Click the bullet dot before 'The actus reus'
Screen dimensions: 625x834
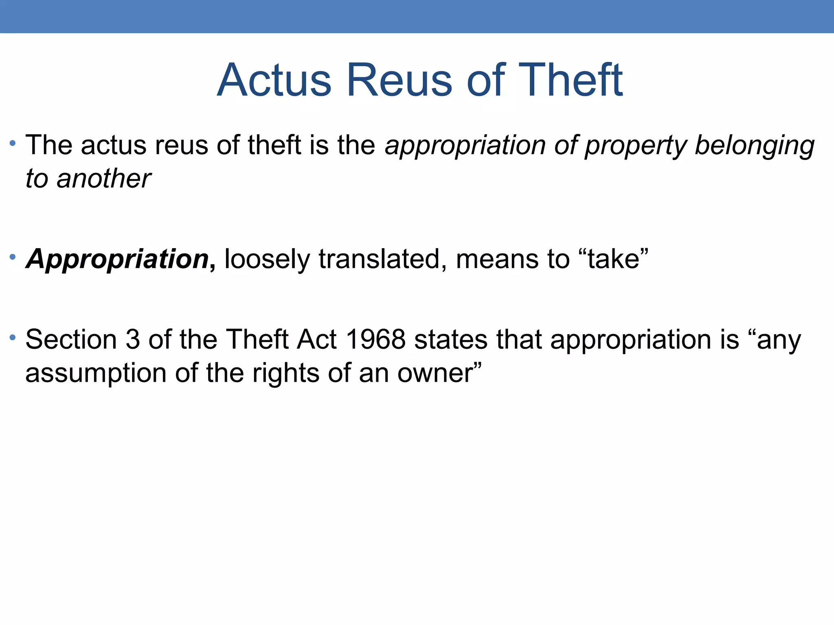click(x=13, y=143)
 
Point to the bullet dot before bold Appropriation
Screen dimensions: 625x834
click(x=13, y=257)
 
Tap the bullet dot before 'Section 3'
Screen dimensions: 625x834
click(x=13, y=337)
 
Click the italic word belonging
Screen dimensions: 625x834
click(x=754, y=146)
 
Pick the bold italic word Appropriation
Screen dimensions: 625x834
click(x=117, y=259)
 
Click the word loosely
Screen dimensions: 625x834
click(x=267, y=259)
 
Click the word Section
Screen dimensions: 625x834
click(x=71, y=339)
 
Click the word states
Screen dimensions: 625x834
click(x=451, y=339)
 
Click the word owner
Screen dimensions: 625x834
click(x=435, y=373)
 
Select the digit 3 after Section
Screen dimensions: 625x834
click(x=133, y=339)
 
